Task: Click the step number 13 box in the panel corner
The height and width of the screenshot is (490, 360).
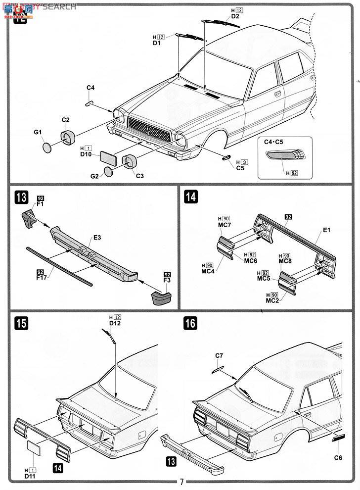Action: [x=18, y=197]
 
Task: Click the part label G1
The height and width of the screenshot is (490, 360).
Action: [x=38, y=132]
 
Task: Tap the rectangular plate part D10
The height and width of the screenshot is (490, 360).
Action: [x=108, y=158]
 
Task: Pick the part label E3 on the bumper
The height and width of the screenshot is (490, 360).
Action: [x=97, y=238]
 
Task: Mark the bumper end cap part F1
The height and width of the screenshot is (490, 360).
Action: [x=29, y=218]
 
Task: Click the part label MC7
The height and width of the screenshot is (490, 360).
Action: [x=225, y=226]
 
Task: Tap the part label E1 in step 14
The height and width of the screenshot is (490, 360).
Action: [x=326, y=230]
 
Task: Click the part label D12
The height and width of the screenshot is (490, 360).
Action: [x=115, y=323]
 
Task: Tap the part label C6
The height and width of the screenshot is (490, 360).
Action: [x=338, y=457]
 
